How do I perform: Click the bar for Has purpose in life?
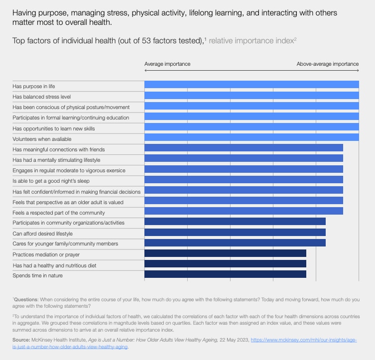[251, 85]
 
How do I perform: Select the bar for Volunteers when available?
[251, 137]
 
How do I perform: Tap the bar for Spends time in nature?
[225, 274]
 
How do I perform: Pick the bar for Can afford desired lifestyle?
[235, 233]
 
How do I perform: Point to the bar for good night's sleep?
[244, 180]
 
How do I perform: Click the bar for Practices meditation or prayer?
[225, 253]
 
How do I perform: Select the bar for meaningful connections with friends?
[244, 148]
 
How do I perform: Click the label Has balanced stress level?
[42, 96]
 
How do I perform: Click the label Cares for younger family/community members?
[65, 243]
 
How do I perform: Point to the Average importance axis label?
[167, 64]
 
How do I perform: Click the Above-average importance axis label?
[327, 64]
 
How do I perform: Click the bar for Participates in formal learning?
[251, 117]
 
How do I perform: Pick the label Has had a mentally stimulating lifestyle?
[56, 160]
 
